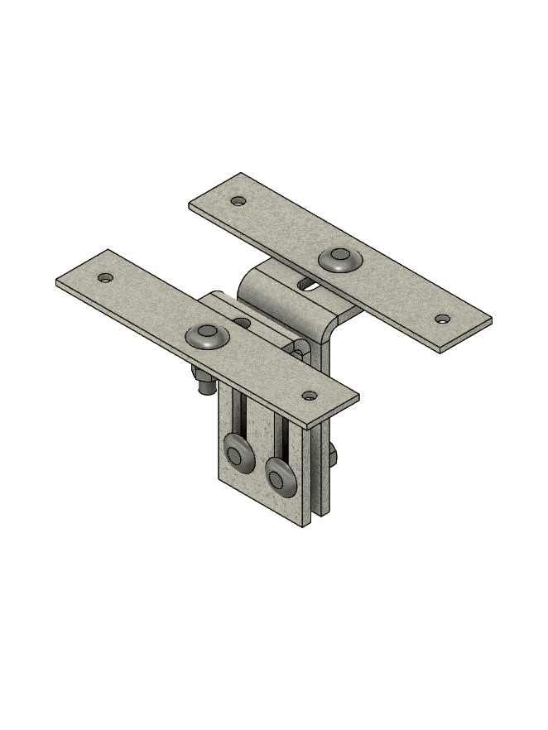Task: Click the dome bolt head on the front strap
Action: point(207,336)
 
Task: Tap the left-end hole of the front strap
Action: point(104,278)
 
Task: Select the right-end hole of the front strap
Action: point(309,396)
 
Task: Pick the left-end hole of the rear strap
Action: point(238,200)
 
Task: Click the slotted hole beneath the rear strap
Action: point(307,285)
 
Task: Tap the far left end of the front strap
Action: point(60,282)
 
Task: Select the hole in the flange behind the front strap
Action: point(242,322)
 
